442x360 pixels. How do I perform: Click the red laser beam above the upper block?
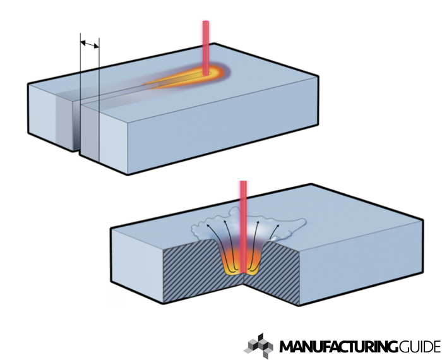[205, 44]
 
